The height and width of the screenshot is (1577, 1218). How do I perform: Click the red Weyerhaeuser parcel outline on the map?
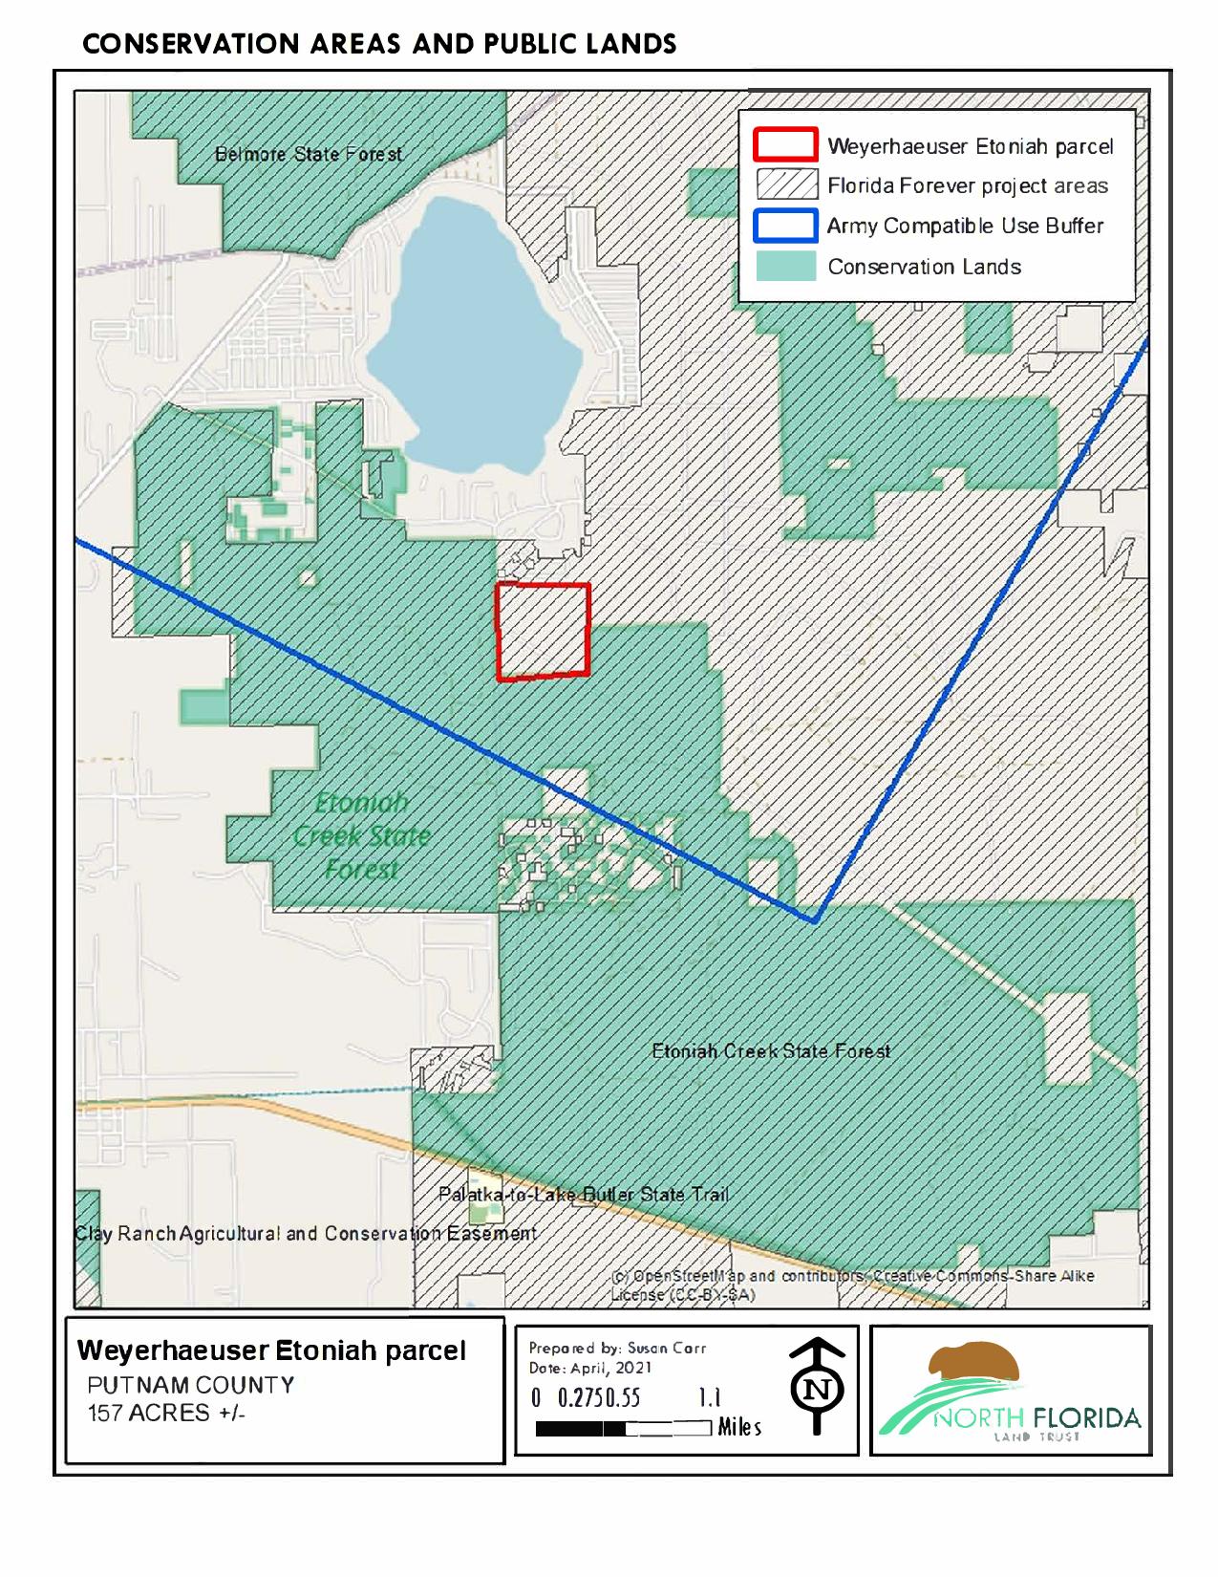tap(543, 632)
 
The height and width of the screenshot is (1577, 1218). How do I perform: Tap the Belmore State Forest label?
tap(308, 154)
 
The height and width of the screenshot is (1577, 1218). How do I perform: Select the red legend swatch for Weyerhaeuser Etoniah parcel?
tap(785, 145)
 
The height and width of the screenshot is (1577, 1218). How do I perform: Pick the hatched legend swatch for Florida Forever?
tap(785, 185)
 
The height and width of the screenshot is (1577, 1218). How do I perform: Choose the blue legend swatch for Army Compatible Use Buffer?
tap(785, 226)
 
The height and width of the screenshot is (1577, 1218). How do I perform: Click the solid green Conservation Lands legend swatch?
tap(785, 267)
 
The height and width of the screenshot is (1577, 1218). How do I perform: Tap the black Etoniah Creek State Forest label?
tap(771, 1051)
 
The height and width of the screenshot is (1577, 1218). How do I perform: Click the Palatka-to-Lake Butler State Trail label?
tap(583, 1195)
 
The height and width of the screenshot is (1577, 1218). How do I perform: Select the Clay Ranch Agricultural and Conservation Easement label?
tap(306, 1233)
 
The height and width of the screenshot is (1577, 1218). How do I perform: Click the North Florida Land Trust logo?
tap(1010, 1391)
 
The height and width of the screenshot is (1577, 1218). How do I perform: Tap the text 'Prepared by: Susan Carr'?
tap(617, 1348)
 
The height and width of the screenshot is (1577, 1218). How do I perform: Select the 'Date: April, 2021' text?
tap(590, 1368)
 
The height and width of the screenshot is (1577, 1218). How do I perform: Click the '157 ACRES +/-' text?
tap(167, 1413)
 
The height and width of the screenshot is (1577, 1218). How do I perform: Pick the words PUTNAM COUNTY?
tap(191, 1385)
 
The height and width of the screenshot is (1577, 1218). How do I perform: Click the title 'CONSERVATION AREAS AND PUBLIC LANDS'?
tap(379, 44)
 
